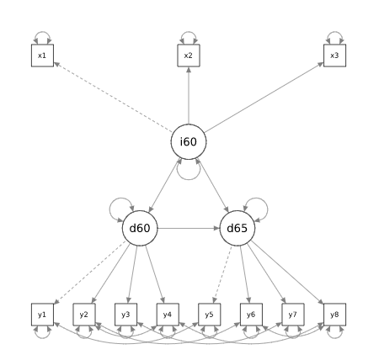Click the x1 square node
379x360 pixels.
click(x=42, y=56)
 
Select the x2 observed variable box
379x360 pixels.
click(x=189, y=56)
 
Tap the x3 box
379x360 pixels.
click(x=334, y=56)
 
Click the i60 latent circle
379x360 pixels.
click(x=189, y=142)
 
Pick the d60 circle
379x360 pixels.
click(x=140, y=228)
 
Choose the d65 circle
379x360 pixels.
click(x=238, y=228)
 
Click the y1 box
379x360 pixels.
click(x=42, y=315)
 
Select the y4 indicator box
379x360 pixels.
click(x=168, y=315)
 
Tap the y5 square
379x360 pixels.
click(x=210, y=315)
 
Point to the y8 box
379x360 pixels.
click(x=334, y=315)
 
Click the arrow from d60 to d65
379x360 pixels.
click(x=189, y=228)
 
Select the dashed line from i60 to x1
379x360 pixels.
click(x=113, y=98)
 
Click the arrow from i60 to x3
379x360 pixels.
click(x=264, y=98)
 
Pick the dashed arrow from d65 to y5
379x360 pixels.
click(x=222, y=274)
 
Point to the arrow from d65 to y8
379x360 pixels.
click(x=287, y=273)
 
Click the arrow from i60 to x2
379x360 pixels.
click(x=189, y=95)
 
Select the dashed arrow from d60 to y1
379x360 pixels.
click(x=89, y=273)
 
